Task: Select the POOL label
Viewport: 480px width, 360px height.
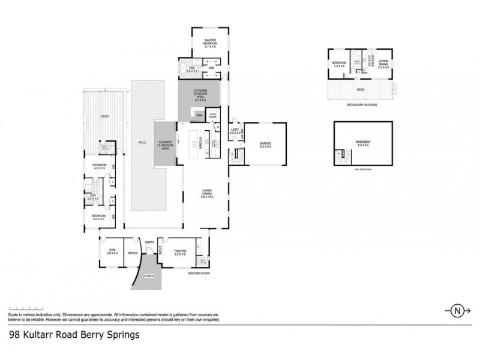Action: [x=142, y=143]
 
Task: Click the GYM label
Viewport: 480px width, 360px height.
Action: [x=112, y=250]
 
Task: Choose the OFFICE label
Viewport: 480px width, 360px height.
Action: [x=133, y=253]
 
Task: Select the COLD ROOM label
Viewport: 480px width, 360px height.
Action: [x=213, y=115]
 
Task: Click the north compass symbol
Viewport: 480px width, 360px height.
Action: [x=457, y=311]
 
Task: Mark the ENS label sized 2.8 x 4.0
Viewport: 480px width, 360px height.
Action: [x=93, y=196]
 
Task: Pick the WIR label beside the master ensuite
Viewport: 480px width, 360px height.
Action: [x=211, y=68]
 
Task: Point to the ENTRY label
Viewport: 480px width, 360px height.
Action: [x=149, y=242]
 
